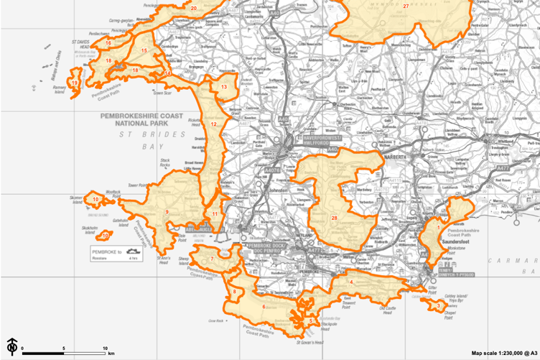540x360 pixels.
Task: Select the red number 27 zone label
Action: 406,6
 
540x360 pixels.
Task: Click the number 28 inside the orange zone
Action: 334,218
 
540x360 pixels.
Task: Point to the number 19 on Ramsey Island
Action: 74,83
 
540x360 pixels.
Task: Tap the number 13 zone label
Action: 224,87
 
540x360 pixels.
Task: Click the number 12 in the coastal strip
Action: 213,124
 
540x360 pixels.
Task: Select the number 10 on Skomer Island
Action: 96,199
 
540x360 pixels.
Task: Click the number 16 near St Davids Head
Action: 108,43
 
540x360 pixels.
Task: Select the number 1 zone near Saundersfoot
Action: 438,228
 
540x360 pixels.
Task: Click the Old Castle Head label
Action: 387,310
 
